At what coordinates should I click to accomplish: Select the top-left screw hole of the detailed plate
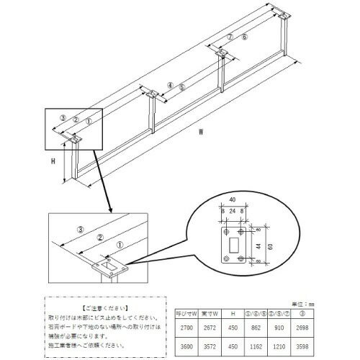coord(224,234)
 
